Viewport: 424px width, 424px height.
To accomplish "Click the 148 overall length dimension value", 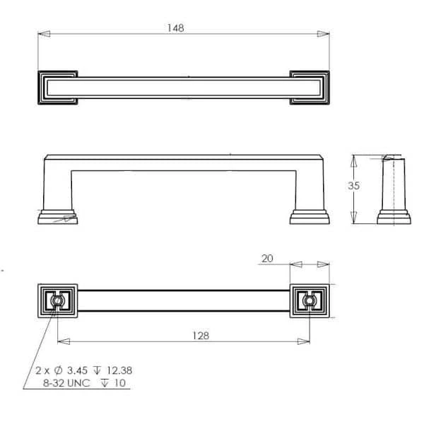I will click(x=176, y=28).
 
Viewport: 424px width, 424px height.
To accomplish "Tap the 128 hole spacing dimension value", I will click(x=201, y=336).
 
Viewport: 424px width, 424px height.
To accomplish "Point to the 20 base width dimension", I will click(x=267, y=259).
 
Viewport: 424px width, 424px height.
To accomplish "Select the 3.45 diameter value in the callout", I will click(x=76, y=370).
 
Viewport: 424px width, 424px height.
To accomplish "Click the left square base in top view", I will click(x=57, y=87).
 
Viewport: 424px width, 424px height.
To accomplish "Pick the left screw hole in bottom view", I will click(x=57, y=302).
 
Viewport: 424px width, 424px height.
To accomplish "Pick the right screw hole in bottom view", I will click(x=309, y=302).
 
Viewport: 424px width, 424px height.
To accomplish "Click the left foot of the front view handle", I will click(x=57, y=216).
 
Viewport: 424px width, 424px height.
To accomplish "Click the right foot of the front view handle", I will click(x=310, y=216).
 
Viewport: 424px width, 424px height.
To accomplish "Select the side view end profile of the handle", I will click(x=394, y=191).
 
